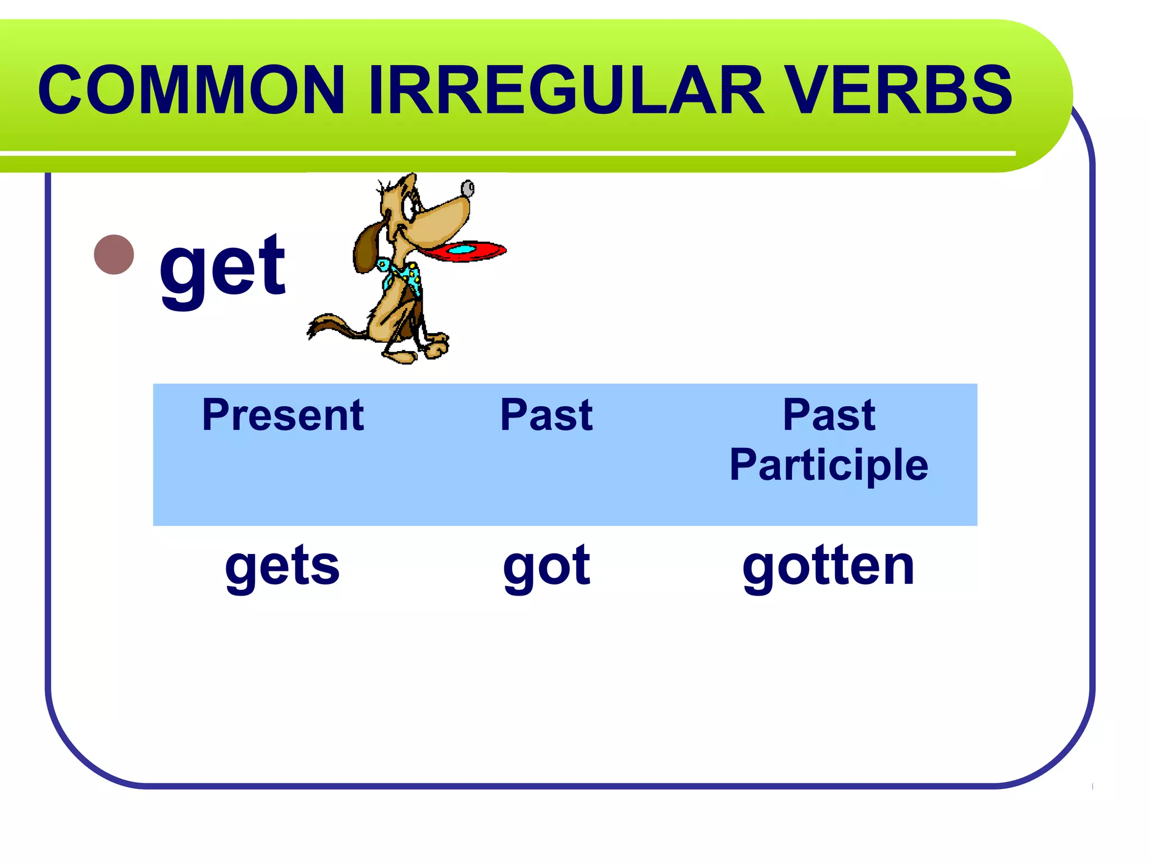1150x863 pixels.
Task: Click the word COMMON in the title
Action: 191,90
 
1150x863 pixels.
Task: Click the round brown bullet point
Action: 114,255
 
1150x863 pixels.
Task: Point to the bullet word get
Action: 223,267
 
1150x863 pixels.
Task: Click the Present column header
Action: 283,415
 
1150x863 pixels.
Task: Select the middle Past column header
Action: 546,415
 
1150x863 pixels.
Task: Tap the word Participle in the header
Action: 829,465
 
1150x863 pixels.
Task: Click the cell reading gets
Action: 282,566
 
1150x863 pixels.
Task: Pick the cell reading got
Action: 546,566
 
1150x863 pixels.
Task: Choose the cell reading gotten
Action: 829,566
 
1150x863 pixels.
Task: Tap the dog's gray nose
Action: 467,189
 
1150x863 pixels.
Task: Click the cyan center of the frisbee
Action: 464,249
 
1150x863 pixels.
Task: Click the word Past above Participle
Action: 829,415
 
